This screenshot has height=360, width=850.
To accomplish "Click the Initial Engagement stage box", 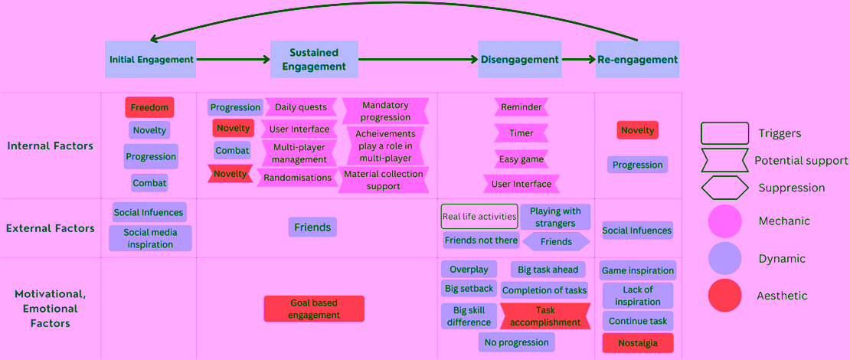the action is (x=151, y=59).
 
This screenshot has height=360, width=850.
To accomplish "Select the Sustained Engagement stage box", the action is (x=315, y=59).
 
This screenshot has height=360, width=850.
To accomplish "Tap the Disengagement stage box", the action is (x=520, y=59).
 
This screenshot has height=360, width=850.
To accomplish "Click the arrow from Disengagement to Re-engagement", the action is (x=578, y=60).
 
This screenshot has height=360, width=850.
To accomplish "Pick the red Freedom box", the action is (x=149, y=107).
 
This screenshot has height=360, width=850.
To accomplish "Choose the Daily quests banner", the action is (x=301, y=107).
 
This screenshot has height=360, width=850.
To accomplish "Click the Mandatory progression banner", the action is (x=385, y=110).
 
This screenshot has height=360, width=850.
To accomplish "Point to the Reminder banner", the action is (x=521, y=106).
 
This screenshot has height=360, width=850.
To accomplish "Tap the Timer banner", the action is (x=521, y=133).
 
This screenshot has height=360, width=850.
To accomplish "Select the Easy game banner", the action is (x=521, y=159).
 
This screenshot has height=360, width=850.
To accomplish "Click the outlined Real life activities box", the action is (x=479, y=216).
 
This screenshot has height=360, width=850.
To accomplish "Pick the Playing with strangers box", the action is (x=548, y=216).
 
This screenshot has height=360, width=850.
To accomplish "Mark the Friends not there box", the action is (x=482, y=241).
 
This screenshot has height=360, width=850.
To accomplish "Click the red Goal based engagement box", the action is (x=314, y=309).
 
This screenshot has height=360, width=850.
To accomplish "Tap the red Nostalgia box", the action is (x=637, y=343).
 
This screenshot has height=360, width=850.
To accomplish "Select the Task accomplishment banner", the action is (x=544, y=316).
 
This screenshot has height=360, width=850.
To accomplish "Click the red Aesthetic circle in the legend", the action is (x=724, y=296).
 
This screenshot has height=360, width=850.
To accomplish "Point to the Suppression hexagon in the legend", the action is (x=724, y=188).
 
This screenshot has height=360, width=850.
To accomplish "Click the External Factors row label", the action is (x=51, y=228).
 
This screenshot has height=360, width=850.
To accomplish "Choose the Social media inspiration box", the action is (x=151, y=238).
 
